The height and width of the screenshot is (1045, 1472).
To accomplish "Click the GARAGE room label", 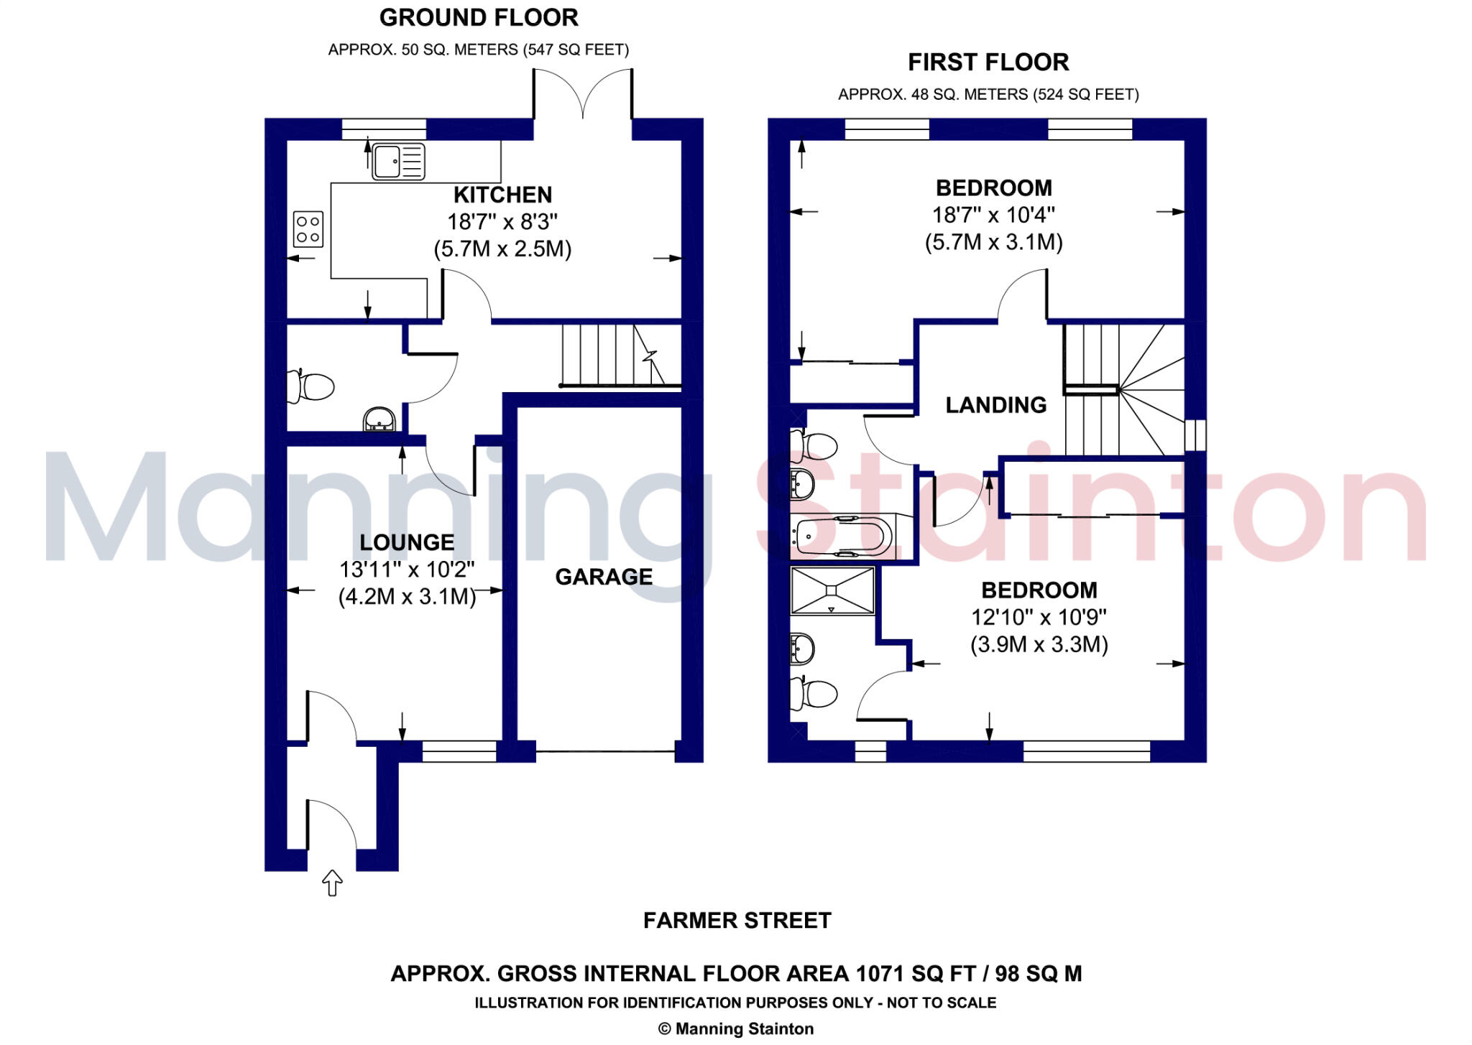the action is [604, 577].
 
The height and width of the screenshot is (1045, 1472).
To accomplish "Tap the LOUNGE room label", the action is [407, 542].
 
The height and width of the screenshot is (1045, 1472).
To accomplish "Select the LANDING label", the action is [995, 405].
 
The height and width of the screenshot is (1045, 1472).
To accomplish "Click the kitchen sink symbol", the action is [398, 161].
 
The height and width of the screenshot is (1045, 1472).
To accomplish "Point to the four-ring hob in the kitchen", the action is [308, 229].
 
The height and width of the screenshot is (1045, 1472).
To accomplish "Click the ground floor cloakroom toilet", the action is [310, 387].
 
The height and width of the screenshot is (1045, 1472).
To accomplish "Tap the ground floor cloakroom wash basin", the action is [379, 420].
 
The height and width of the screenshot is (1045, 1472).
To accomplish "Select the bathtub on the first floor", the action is [842, 535].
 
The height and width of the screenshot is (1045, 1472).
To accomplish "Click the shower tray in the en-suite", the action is [832, 590].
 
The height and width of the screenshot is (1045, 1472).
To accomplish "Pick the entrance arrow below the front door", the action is [332, 882].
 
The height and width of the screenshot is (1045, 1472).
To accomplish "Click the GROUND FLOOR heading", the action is [479, 18].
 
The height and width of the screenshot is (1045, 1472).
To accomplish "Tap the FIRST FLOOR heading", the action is [988, 62].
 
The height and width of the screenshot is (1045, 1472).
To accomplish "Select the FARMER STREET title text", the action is [737, 921].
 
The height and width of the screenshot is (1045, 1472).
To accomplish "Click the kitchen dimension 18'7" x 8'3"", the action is [502, 222].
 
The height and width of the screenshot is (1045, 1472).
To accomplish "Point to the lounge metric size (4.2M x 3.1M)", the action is [407, 597].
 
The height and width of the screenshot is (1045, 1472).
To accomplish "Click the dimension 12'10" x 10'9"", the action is [1039, 617].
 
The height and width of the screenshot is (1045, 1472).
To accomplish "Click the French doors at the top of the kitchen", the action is [583, 93].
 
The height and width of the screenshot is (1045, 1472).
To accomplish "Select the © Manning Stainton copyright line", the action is [736, 1029].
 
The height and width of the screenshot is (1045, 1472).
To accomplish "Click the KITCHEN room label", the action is [503, 195].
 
